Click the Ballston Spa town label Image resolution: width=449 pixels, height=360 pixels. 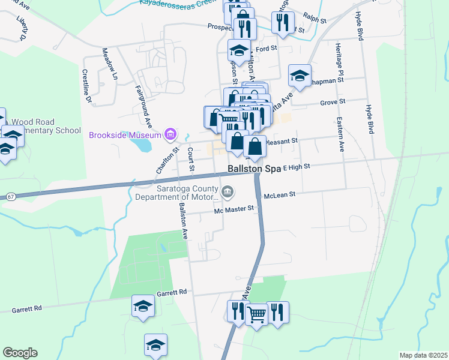point(254,169)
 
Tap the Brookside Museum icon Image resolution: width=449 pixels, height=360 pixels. point(170,134)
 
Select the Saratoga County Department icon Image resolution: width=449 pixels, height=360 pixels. point(228,192)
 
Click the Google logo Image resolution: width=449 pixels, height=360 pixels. point(20,353)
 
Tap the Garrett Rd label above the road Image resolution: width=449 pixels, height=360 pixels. point(172,292)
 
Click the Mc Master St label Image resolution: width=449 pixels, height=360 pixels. point(235,210)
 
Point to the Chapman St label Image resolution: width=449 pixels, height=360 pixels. point(329,79)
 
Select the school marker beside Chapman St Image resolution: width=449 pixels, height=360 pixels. point(300,76)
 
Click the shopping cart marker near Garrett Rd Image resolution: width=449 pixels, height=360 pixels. point(256,313)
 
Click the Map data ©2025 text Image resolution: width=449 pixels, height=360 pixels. point(423,355)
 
